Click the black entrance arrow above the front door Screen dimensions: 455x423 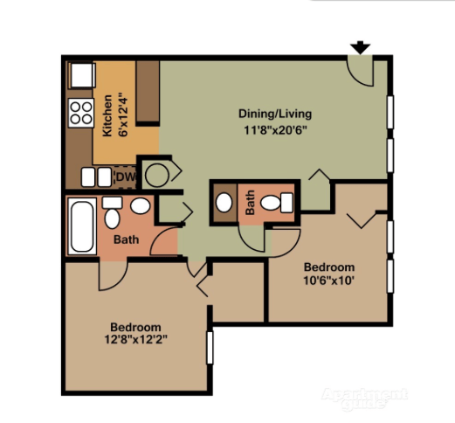360,47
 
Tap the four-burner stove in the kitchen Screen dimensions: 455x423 81,113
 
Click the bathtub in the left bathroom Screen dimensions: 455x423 82,226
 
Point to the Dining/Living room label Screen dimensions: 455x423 275,114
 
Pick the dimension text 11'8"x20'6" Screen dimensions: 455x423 275,130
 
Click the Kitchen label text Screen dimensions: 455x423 107,115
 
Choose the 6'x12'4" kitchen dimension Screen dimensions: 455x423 123,114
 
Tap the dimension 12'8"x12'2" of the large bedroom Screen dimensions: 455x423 136,339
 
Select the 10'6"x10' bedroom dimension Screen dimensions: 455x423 329,281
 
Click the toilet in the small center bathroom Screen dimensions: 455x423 277,203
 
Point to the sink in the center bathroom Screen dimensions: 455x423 224,203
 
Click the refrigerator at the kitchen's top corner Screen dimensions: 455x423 82,75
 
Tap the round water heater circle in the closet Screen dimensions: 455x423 157,176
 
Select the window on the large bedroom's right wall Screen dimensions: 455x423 210,348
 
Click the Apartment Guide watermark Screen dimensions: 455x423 364,399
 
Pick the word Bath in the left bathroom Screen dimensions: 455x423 126,239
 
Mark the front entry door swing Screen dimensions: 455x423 361,71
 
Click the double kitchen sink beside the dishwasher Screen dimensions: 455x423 96,177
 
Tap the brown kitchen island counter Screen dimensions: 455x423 148,92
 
